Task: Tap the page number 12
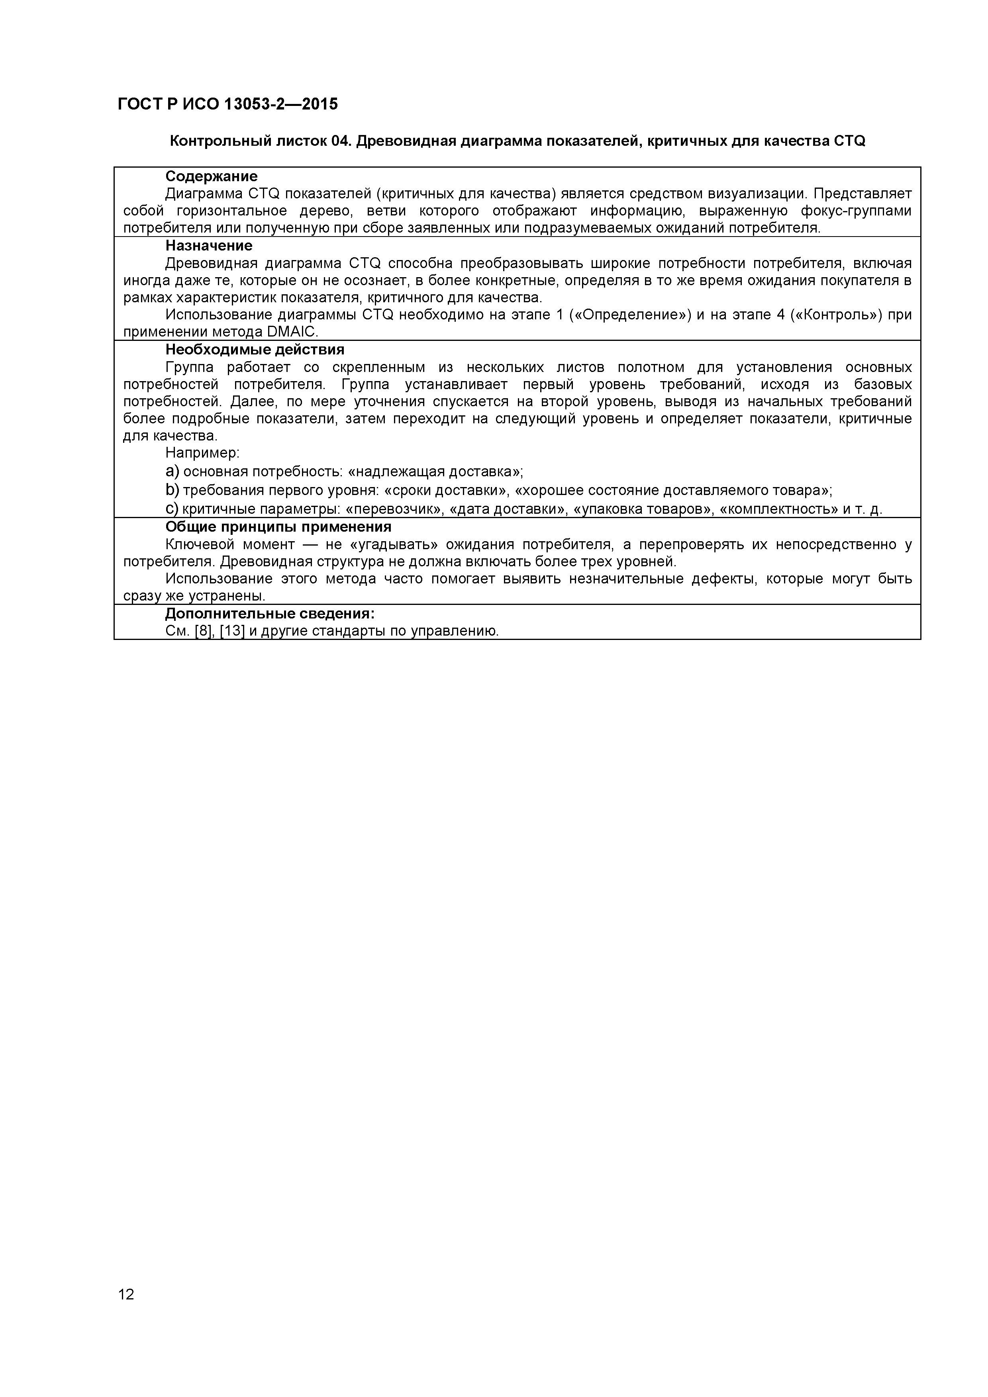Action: pos(126,1311)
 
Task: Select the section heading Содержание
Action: pos(211,176)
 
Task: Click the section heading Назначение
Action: pos(209,246)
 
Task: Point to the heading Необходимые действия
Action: pos(255,350)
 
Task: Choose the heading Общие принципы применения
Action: pos(278,527)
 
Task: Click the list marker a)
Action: pos(172,472)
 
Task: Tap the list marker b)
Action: pos(172,490)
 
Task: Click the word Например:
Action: pos(202,453)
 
